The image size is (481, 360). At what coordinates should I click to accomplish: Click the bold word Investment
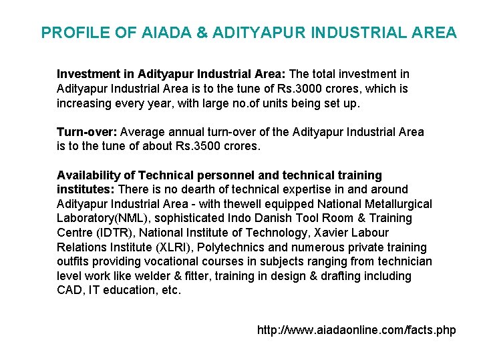[87, 74]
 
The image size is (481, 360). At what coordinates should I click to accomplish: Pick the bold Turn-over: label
[83, 132]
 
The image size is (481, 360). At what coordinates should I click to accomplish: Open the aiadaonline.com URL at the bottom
[356, 330]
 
